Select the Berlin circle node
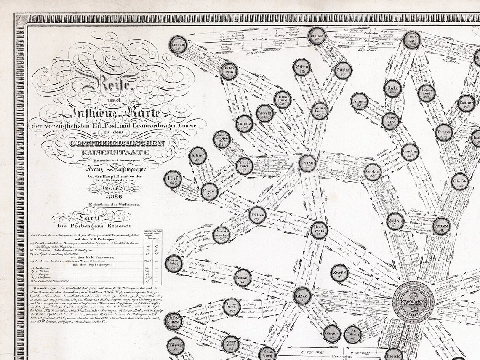(317, 37)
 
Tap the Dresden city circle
(229, 71)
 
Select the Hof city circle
(172, 180)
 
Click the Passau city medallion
(243, 277)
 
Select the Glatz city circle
(392, 89)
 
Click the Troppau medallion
(444, 132)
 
